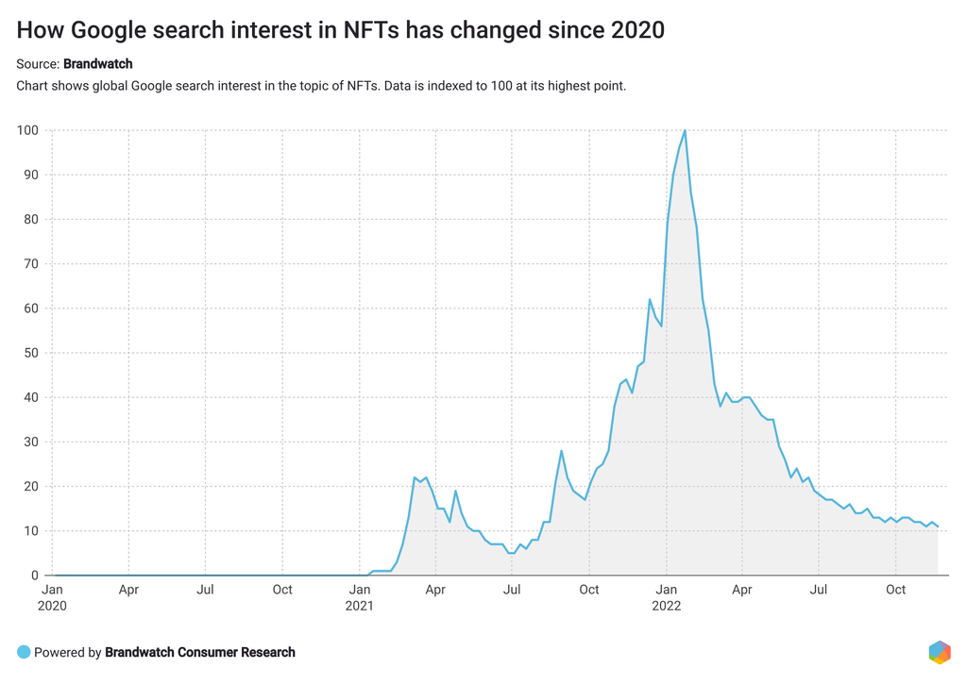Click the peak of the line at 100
[685, 130]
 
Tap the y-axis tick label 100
[28, 130]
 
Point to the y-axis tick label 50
[32, 353]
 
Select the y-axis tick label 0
[36, 576]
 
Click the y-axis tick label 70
[32, 264]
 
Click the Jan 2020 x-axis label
[52, 597]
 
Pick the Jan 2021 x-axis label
[360, 597]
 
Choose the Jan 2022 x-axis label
[666, 597]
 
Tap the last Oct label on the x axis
[895, 590]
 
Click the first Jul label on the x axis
[205, 590]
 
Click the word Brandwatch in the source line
[98, 64]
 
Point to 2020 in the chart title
[635, 30]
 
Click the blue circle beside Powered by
[24, 652]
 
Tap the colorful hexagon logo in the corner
[939, 652]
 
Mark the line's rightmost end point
[938, 526]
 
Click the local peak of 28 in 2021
[561, 451]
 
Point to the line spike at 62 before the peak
[650, 299]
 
